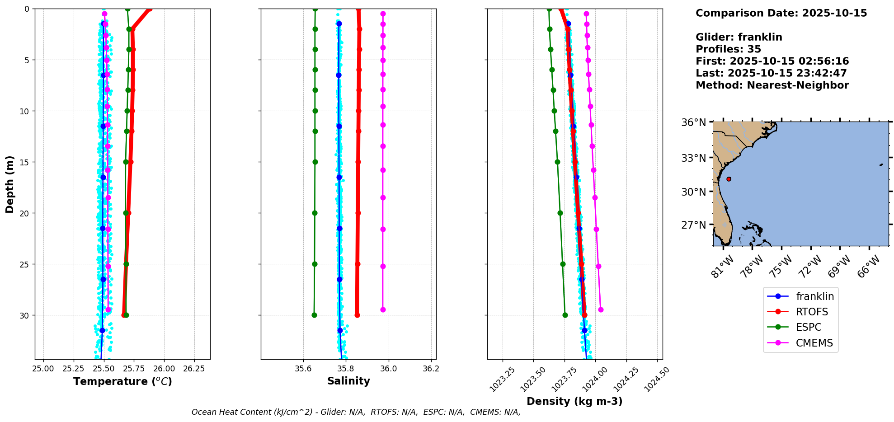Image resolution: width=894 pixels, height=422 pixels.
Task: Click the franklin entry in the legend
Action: coord(814,296)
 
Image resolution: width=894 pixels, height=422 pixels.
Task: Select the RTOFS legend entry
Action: coord(812,312)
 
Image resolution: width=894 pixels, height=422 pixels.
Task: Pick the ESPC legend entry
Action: coord(808,327)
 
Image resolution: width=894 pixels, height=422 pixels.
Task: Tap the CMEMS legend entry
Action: coord(814,343)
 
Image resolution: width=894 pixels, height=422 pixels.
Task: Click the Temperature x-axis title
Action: coord(122,382)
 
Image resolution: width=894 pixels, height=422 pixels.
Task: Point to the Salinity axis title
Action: coord(348,381)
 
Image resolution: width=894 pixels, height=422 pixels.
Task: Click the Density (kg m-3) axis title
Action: coord(574,401)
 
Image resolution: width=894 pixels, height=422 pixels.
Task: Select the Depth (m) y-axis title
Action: coord(10,184)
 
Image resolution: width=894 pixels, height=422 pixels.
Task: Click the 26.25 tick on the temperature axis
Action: coord(194,369)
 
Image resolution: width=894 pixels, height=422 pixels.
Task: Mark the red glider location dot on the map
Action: coord(729,179)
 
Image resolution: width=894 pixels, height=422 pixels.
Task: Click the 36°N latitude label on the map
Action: coord(693,122)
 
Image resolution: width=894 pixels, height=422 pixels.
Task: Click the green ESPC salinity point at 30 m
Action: coord(314,315)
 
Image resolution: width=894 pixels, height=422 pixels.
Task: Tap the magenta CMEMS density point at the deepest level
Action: coord(601,309)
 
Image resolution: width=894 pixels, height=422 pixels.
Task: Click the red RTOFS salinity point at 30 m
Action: coord(357,315)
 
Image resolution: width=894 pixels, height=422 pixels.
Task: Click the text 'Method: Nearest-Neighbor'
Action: coord(772,85)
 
